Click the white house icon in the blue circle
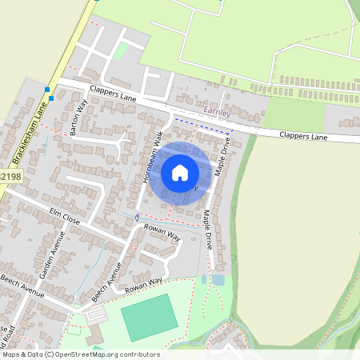(x=180, y=173)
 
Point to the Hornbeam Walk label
(x=153, y=158)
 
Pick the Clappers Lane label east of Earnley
(x=304, y=137)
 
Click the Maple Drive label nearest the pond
(x=207, y=230)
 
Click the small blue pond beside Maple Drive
(x=218, y=280)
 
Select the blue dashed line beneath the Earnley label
(x=202, y=125)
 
